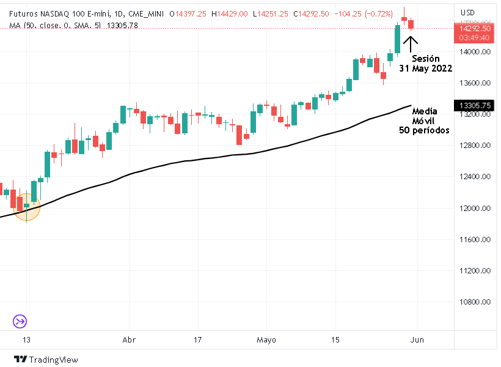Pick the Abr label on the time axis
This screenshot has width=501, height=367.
click(128, 339)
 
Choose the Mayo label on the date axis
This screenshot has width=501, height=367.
click(266, 339)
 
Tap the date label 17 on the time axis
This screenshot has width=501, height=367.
click(197, 339)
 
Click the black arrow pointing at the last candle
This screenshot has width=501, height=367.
click(411, 44)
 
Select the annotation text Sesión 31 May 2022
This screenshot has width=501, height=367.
click(426, 64)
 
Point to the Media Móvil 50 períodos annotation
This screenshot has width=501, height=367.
click(425, 120)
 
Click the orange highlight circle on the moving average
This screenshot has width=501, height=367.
click(26, 207)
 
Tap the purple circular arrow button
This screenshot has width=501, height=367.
click(20, 321)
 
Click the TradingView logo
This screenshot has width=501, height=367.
click(46, 360)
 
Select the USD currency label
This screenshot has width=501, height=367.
click(467, 12)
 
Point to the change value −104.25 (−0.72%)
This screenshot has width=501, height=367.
click(366, 13)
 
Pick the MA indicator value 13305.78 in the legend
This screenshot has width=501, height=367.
click(122, 25)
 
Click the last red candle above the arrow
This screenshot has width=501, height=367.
click(411, 24)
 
